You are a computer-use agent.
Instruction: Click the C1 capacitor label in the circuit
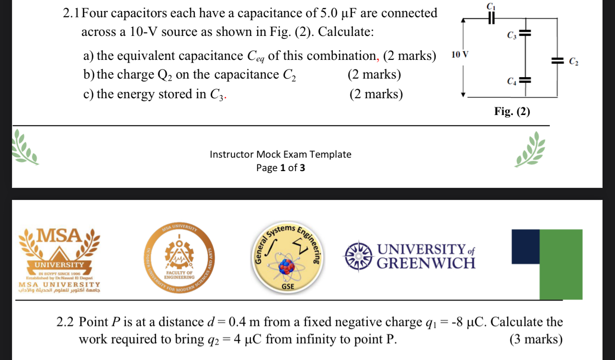click(x=490, y=7)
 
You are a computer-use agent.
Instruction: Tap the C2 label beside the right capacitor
click(x=573, y=61)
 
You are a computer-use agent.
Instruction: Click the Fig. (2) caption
click(x=512, y=112)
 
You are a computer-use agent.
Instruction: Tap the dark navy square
click(x=525, y=245)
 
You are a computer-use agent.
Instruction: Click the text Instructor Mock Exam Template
click(x=280, y=154)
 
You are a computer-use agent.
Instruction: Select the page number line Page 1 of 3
click(x=280, y=168)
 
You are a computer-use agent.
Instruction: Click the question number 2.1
click(x=72, y=14)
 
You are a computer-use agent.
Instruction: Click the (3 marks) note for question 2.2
click(x=535, y=339)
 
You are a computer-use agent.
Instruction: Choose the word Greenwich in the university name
click(x=426, y=263)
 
